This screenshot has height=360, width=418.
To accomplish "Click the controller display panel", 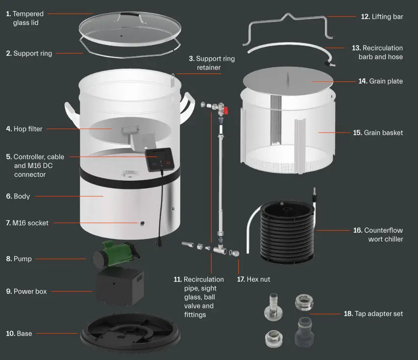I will coord(160,159).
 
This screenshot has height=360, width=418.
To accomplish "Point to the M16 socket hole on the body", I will coord(142,223).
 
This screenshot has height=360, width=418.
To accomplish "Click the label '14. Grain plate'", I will coord(380,81).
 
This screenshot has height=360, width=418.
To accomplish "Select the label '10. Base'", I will coord(19,334).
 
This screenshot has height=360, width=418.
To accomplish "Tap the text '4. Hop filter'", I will coord(24,129).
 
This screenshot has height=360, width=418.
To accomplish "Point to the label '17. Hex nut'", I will coord(253,280).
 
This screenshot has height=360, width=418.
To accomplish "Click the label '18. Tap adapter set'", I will coord(373,313).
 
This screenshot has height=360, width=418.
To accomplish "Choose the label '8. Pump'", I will coord(19,259).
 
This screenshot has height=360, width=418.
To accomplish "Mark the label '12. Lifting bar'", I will coord(382,17).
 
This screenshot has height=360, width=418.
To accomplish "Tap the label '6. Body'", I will coord(18,196).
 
